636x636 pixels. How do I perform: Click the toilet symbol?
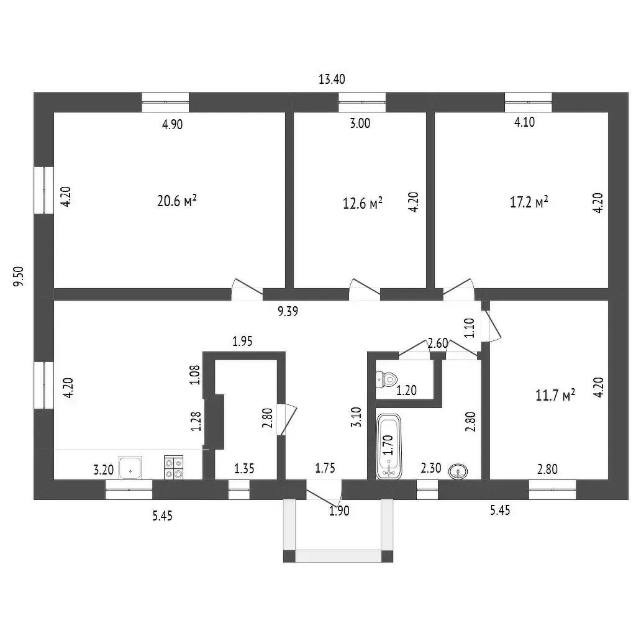(x=386, y=380)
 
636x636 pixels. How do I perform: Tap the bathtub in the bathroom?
(x=389, y=446)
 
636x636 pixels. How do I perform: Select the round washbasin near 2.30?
(x=458, y=471)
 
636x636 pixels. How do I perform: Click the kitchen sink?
(x=130, y=468)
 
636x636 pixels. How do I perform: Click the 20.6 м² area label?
(x=177, y=201)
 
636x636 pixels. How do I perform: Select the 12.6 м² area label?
(x=363, y=203)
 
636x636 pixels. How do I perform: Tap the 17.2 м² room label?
(x=529, y=202)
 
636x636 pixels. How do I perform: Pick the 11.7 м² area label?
(x=555, y=394)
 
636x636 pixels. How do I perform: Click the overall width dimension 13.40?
(x=332, y=79)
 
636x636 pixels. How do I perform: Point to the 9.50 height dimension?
(x=19, y=276)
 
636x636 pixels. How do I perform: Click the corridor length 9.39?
(x=288, y=312)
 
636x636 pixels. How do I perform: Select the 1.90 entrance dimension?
(x=339, y=511)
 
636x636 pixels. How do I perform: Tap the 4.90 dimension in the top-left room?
(x=173, y=124)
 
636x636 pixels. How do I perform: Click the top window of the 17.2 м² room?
(x=528, y=102)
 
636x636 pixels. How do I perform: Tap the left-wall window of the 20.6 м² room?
(x=44, y=190)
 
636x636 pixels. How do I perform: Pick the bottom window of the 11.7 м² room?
(x=552, y=489)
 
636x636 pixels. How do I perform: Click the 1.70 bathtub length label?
(x=388, y=445)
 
